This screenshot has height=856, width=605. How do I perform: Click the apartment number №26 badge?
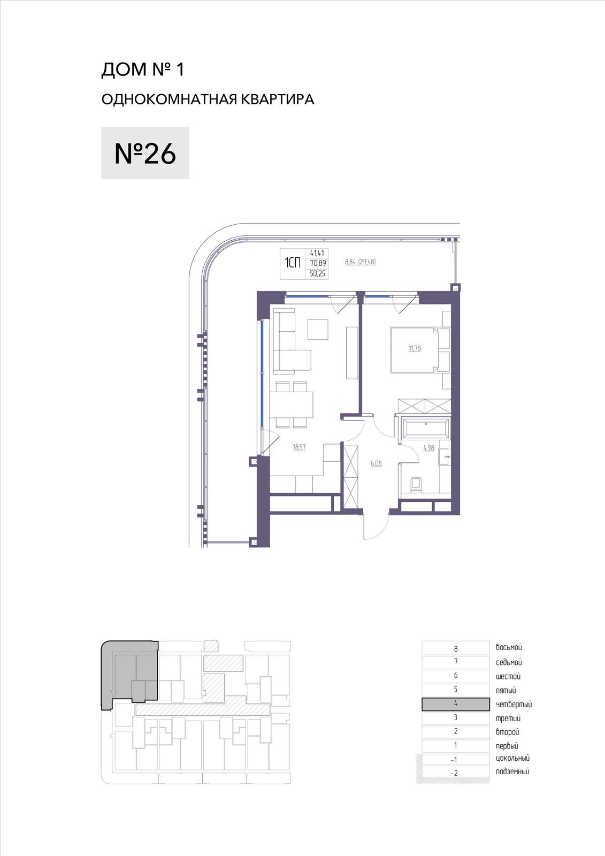point(145,153)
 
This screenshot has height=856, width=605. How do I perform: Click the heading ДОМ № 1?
point(143,70)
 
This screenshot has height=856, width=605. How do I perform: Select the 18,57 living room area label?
point(299,447)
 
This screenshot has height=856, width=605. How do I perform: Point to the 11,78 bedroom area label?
point(415,348)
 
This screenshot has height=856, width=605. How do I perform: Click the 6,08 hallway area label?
point(376,463)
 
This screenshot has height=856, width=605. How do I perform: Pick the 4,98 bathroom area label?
point(429,448)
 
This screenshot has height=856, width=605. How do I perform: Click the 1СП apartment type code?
point(293,263)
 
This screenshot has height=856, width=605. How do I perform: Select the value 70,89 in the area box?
point(318,263)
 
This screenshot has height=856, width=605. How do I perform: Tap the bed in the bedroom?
point(419,350)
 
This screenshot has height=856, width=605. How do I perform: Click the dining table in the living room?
point(291,404)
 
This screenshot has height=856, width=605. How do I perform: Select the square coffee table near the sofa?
point(318,330)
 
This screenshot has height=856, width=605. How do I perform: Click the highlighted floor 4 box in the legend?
point(456,704)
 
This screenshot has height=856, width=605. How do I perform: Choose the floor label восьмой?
point(509,647)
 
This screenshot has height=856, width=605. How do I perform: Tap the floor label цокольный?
point(512,758)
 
